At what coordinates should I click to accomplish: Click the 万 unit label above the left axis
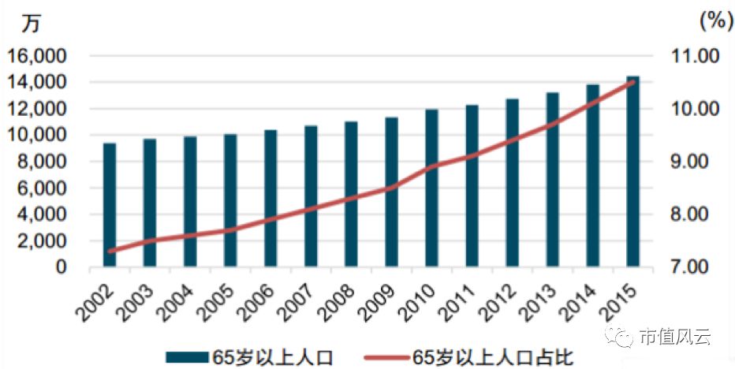click(x=31, y=23)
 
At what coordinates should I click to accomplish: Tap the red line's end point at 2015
click(x=632, y=82)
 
